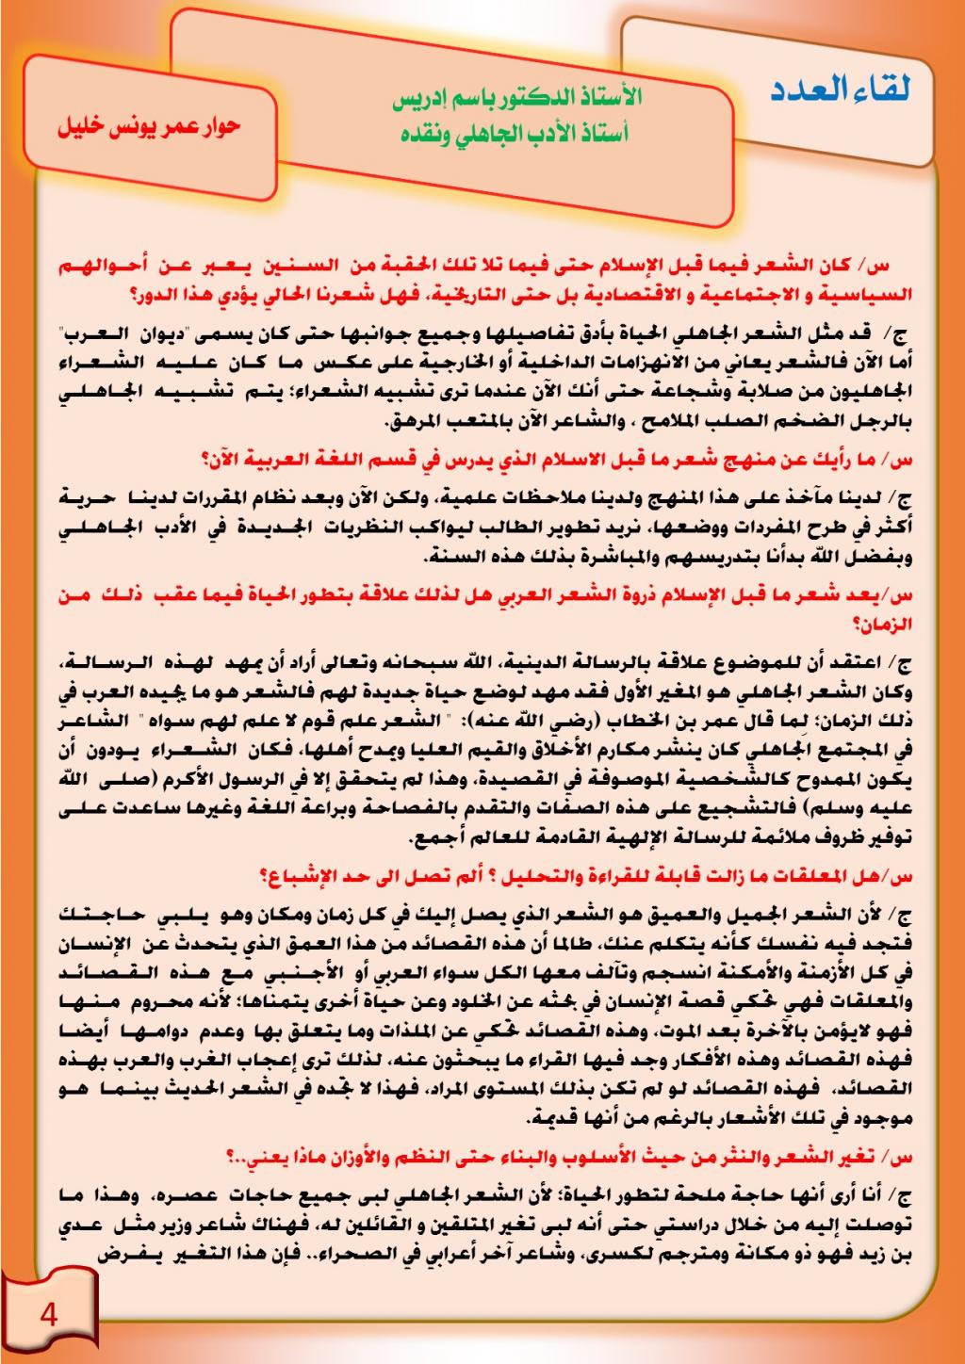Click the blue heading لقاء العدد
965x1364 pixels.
click(x=841, y=91)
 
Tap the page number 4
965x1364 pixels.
click(x=49, y=1314)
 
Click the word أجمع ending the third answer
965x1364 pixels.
click(x=438, y=839)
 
